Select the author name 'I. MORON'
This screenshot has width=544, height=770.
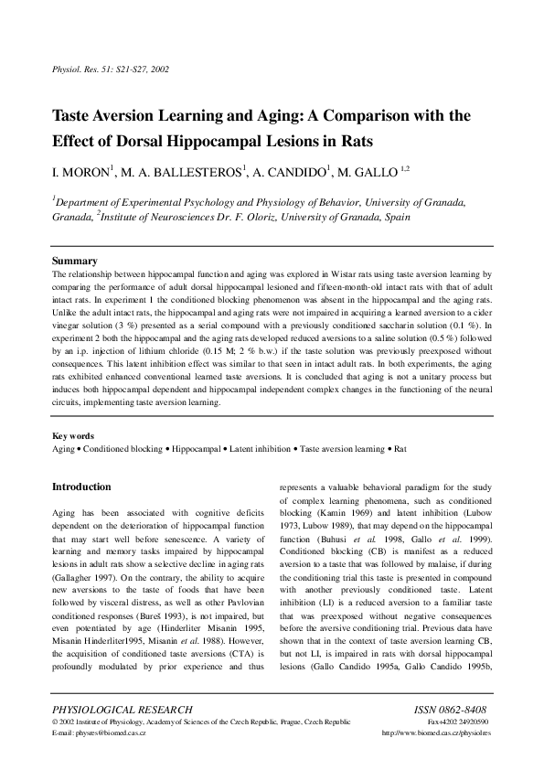81,173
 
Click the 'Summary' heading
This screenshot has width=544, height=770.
75,262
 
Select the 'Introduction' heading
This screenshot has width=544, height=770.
81,487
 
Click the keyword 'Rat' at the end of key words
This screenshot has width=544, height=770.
400,449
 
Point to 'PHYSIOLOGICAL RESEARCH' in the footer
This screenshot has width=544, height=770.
123,710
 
